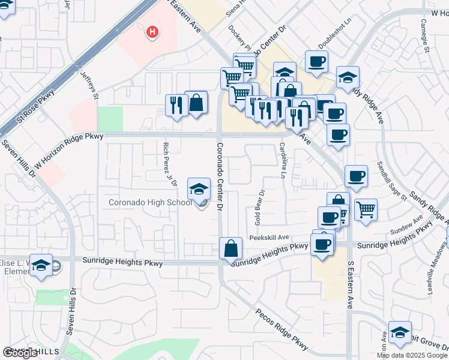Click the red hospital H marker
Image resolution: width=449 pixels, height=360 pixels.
pyautogui.click(x=153, y=31)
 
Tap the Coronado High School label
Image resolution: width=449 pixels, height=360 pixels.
pyautogui.click(x=150, y=202)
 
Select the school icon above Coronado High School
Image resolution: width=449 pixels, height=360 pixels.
pyautogui.click(x=199, y=190)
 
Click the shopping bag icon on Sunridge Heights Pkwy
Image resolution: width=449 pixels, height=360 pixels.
pyautogui.click(x=231, y=248)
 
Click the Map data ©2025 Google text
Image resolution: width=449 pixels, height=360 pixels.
pyautogui.click(x=412, y=355)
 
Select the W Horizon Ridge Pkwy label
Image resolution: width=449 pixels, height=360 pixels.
pyautogui.click(x=68, y=150)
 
